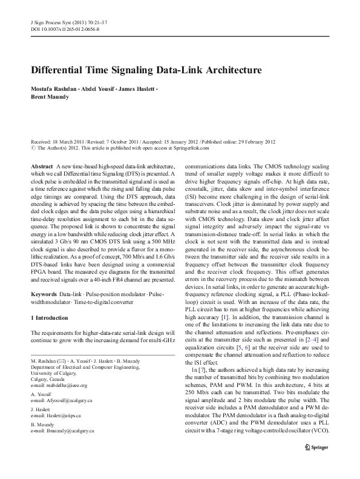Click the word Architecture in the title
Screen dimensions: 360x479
(x=226, y=70)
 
